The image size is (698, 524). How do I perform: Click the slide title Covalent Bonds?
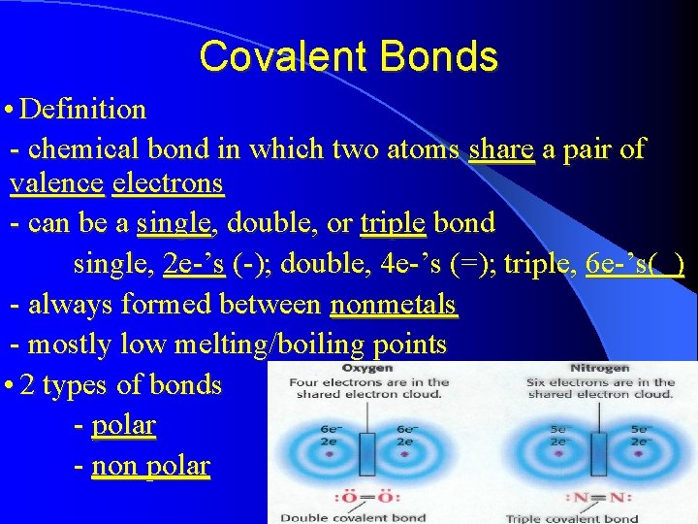(x=348, y=56)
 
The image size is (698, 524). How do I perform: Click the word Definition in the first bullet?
(x=82, y=109)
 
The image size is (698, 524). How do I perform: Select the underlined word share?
(x=501, y=148)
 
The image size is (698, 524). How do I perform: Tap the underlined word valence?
(x=56, y=182)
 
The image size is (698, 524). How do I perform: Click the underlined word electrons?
(x=168, y=182)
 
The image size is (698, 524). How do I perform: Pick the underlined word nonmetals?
(x=393, y=305)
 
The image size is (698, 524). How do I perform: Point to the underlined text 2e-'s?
(x=195, y=264)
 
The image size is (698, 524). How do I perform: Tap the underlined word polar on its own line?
(x=123, y=425)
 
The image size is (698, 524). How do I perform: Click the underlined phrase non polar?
(x=150, y=466)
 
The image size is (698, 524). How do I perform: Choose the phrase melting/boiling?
(x=260, y=344)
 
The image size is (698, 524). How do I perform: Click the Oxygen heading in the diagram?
(x=367, y=369)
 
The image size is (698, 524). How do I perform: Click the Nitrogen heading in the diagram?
(x=601, y=369)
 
